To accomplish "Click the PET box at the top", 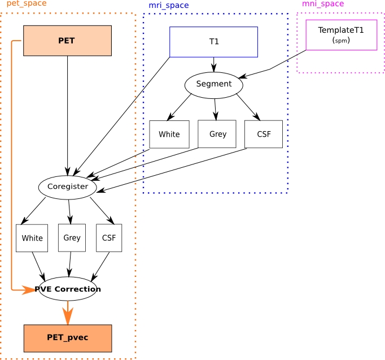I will click(67, 41).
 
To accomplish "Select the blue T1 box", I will click(213, 42).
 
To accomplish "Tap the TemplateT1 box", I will click(341, 34).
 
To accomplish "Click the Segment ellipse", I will click(213, 84).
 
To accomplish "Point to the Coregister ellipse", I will click(67, 186).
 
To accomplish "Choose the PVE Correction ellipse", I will click(68, 289).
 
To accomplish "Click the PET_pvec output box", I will click(67, 338).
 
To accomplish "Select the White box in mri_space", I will click(169, 135).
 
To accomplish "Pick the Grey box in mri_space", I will click(217, 134).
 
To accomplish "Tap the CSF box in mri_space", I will click(264, 135).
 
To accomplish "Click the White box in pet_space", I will click(32, 238).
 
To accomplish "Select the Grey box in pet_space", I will click(72, 237).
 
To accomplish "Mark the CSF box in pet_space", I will click(108, 238).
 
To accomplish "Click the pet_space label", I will click(27, 4).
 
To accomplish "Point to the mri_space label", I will click(168, 6).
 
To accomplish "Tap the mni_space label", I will click(322, 4).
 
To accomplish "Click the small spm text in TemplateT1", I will click(341, 41).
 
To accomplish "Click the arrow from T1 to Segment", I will click(213, 64).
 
